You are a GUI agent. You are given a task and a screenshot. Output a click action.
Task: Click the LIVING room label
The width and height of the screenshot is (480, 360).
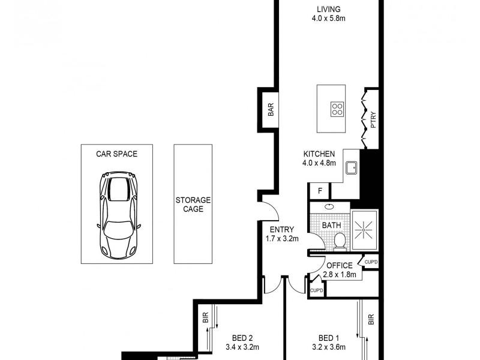pos(329,9)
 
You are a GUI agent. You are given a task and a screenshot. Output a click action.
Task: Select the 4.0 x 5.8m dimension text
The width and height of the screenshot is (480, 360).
pos(329,19)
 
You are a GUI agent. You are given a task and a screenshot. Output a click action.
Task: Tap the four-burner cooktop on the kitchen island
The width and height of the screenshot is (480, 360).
pos(337,109)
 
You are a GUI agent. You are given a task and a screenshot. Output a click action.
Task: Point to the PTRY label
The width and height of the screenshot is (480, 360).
pos(373,120)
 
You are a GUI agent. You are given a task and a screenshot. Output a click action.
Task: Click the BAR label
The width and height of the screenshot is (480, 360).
pos(271,110)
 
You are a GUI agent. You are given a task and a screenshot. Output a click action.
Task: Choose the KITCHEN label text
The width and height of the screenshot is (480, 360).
pos(319,154)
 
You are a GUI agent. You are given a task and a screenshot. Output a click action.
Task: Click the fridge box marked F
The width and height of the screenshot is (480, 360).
pos(320,191)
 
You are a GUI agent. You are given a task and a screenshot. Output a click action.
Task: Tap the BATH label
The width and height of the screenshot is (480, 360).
pos(331,226)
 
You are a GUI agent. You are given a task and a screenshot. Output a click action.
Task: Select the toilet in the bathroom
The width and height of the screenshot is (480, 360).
pos(339,240)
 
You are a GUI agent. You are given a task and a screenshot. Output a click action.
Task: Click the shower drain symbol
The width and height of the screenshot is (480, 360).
pos(364,228)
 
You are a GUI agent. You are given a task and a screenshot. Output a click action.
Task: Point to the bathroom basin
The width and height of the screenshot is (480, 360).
pos(329,206)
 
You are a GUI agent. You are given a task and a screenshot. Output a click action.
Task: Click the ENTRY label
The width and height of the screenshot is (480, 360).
pos(281,229)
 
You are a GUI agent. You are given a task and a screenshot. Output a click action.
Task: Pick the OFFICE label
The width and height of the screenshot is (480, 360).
pos(340,266)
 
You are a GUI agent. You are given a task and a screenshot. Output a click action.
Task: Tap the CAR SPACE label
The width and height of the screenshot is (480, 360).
pos(117,154)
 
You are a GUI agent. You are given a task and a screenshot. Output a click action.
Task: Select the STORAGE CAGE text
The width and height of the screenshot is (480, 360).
pos(193,205)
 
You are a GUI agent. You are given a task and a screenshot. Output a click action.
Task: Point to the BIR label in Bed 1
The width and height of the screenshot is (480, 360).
pos(371,320)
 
